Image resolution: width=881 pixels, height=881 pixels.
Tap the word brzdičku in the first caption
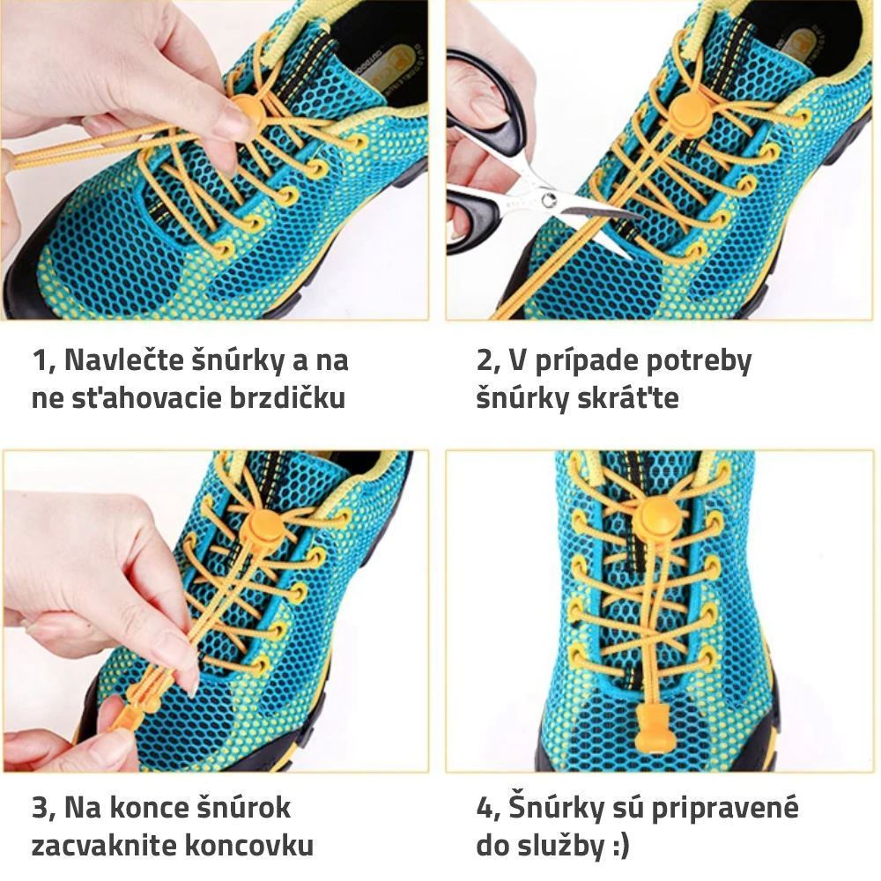click(x=287, y=398)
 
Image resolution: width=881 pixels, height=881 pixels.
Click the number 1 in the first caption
click(x=40, y=360)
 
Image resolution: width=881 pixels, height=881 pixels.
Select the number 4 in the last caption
click(x=484, y=808)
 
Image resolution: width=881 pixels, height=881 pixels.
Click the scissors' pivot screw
click(x=548, y=198)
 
